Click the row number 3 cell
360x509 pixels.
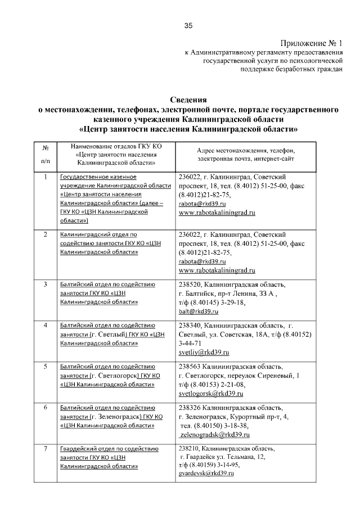[x=45, y=284]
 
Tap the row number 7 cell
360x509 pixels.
[x=45, y=449]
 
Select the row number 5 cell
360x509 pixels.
[x=45, y=367]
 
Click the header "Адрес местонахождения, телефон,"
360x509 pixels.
[x=246, y=150]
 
